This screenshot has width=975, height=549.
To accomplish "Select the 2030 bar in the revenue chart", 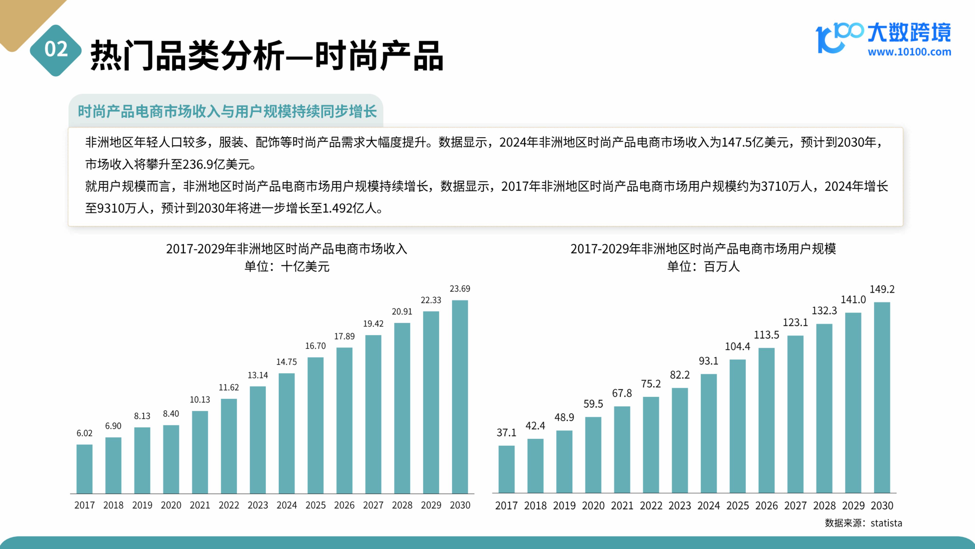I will tap(460, 397).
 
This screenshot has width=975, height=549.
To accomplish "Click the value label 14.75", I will tap(286, 362).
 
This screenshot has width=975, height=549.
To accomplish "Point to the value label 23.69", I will tap(460, 289).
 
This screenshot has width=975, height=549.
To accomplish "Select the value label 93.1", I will tap(709, 361).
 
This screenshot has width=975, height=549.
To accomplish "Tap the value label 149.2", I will tap(882, 289).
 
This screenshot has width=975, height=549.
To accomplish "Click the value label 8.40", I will tap(171, 414).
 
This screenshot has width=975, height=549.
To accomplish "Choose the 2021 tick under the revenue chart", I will tap(200, 505).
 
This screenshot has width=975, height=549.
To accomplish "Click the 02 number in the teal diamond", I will tap(56, 49).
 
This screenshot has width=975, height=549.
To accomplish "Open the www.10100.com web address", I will tap(909, 52).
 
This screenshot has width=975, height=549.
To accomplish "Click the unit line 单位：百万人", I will tap(703, 266).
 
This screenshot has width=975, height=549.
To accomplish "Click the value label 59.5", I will tap(593, 404).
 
